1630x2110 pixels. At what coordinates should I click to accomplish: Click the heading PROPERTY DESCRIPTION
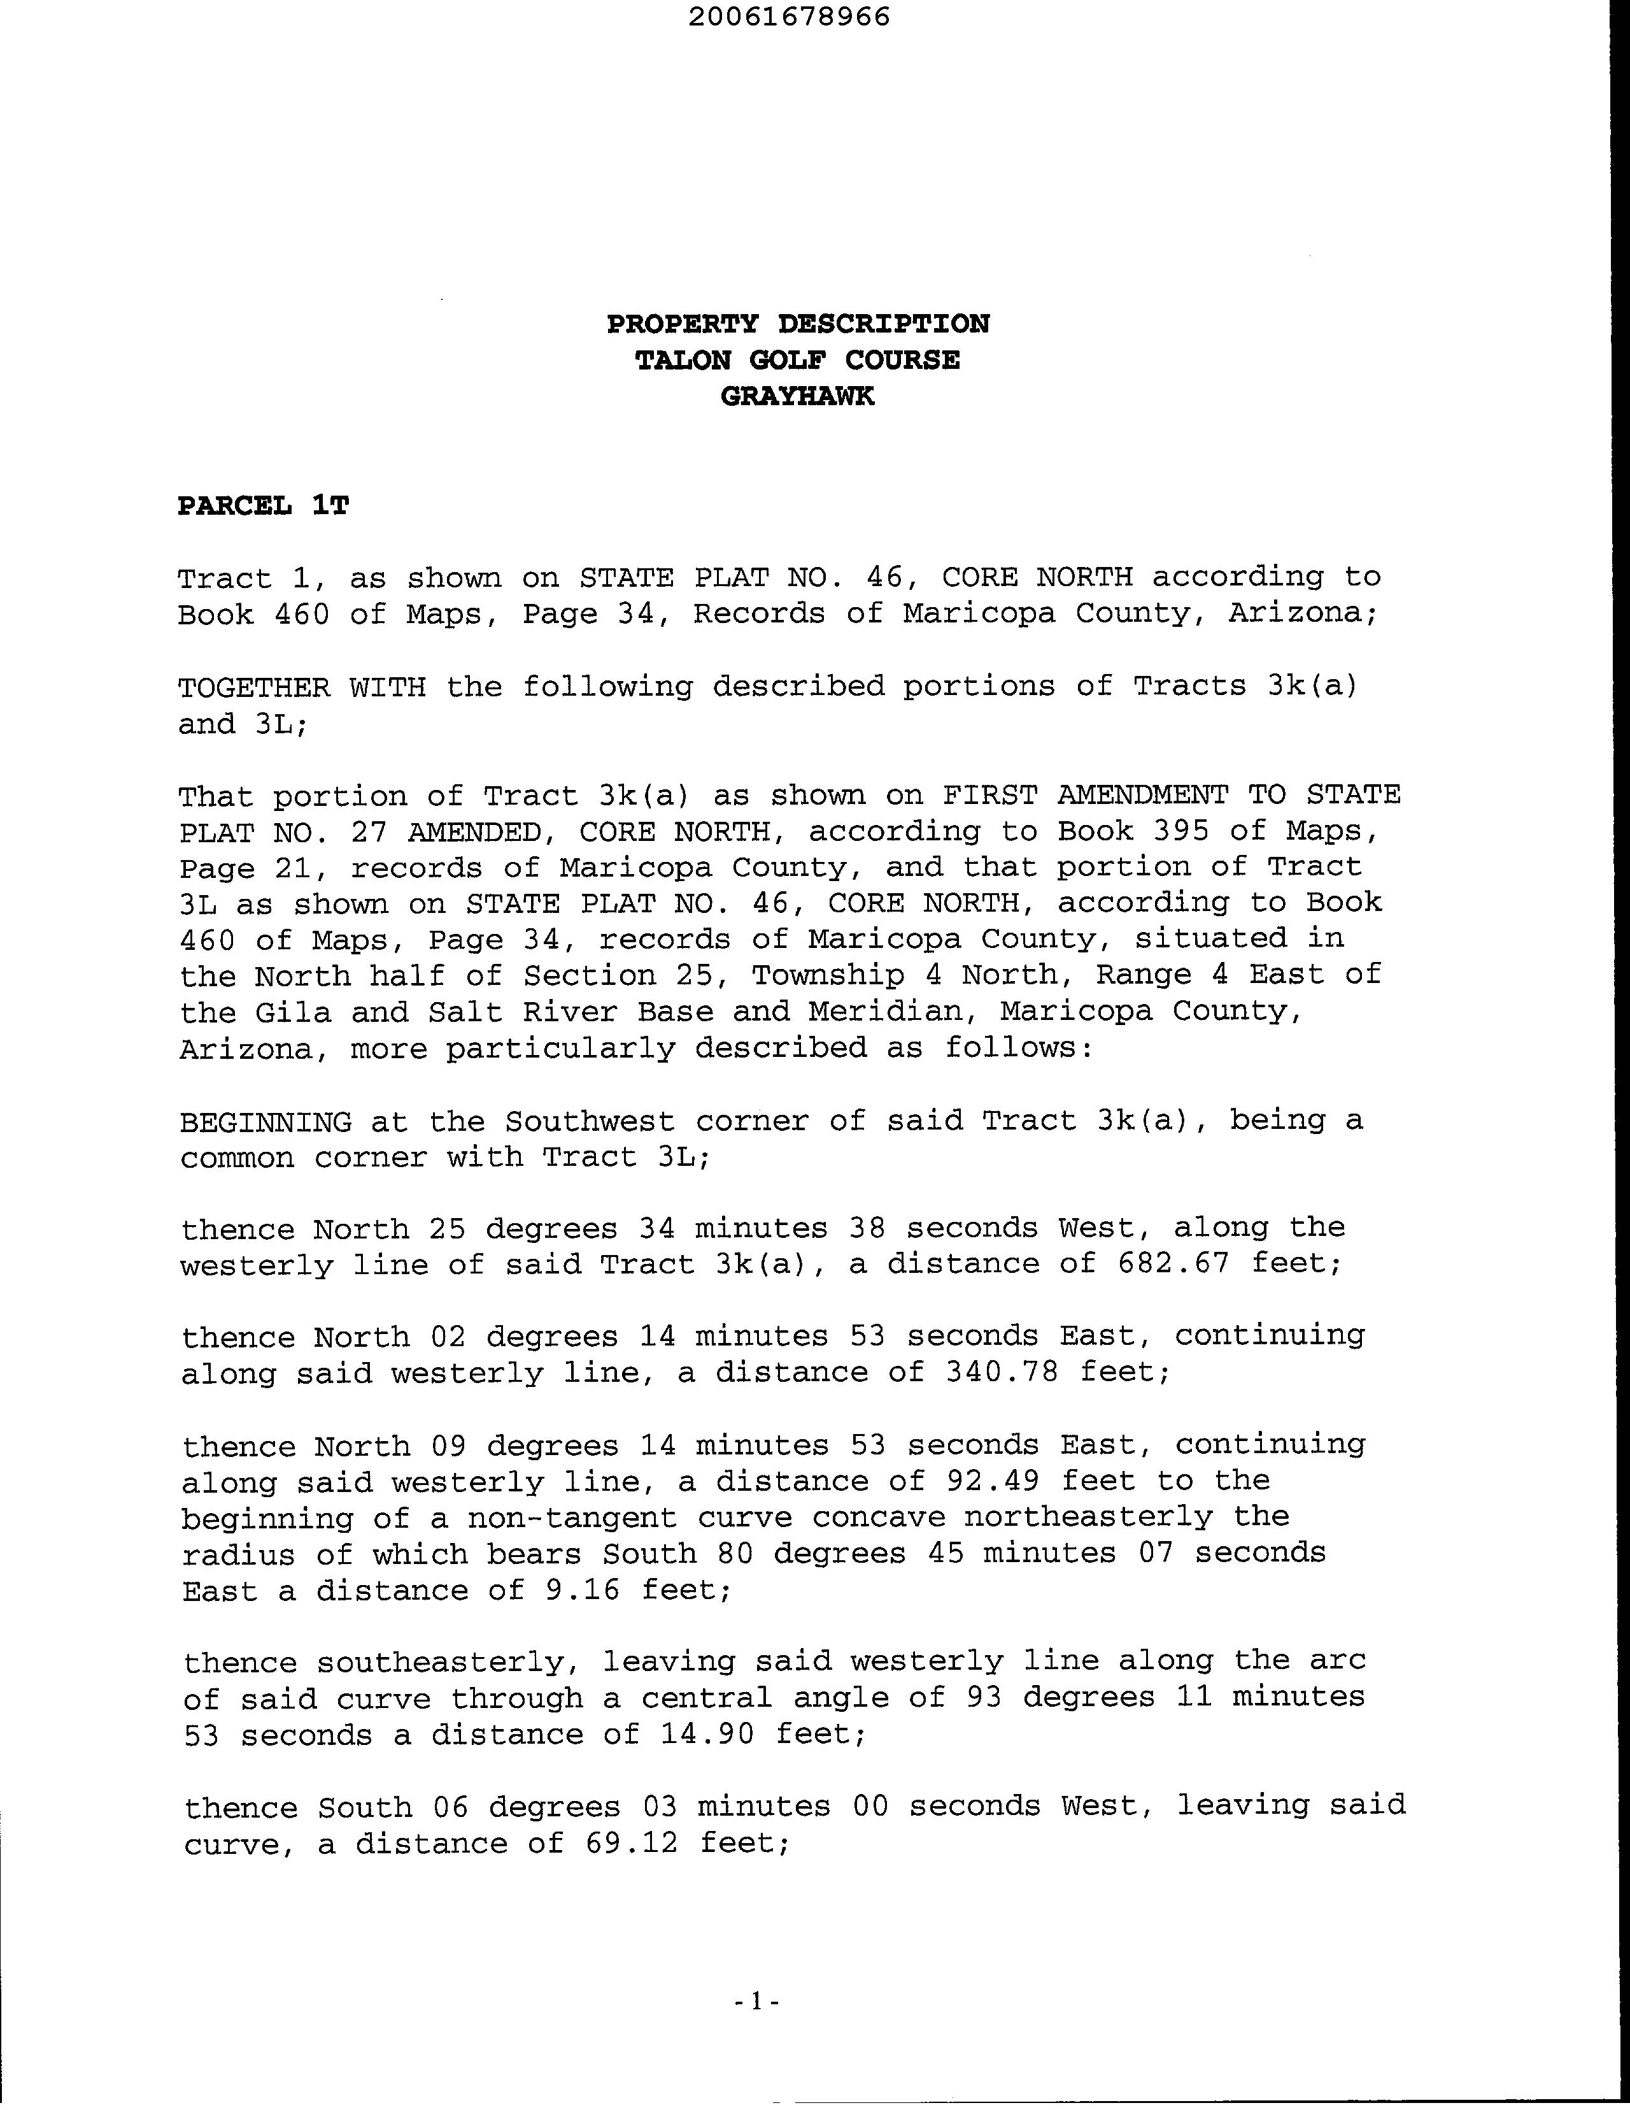pos(798,324)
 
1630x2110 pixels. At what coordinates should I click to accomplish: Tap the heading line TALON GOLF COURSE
pos(798,361)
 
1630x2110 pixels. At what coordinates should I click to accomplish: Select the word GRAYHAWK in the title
pos(798,396)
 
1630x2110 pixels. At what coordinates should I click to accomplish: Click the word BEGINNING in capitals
pos(266,1122)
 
